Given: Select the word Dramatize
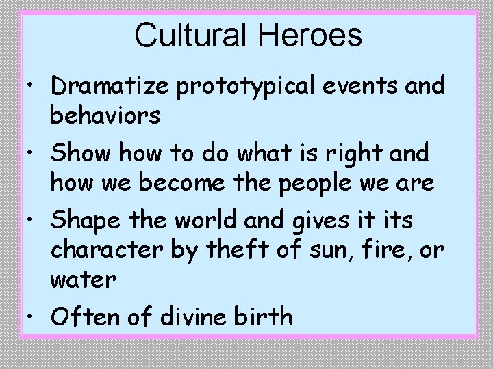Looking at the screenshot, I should (x=112, y=86).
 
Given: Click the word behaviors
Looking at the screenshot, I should (x=105, y=115).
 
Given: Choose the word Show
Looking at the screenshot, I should (x=81, y=154).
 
